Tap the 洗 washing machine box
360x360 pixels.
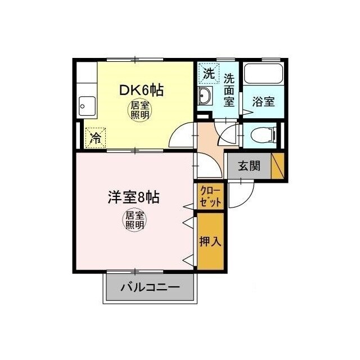pyautogui.click(x=208, y=73)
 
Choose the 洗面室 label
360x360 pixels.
pyautogui.click(x=229, y=89)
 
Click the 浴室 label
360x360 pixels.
pyautogui.click(x=263, y=102)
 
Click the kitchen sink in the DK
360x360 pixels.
pyautogui.click(x=87, y=104)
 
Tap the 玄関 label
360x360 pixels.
pyautogui.click(x=248, y=166)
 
